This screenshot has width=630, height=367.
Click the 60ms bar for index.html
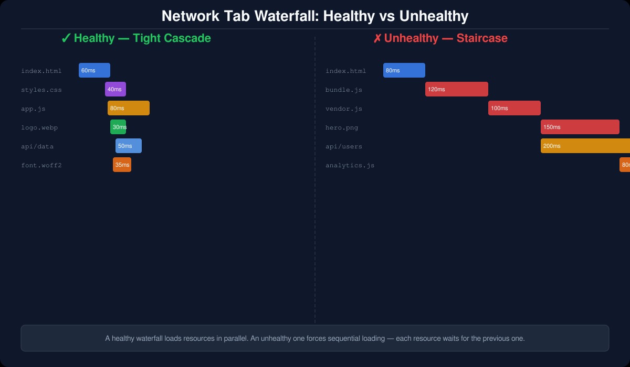pyautogui.click(x=94, y=70)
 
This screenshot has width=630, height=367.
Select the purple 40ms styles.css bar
pyautogui.click(x=115, y=89)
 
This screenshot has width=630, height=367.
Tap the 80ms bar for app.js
pyautogui.click(x=129, y=108)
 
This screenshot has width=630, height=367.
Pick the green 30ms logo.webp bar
pyautogui.click(x=118, y=127)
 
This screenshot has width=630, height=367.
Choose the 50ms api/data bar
pyautogui.click(x=129, y=146)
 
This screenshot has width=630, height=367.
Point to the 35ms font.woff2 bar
pyautogui.click(x=122, y=165)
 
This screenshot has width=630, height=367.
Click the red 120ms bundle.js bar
pyautogui.click(x=457, y=89)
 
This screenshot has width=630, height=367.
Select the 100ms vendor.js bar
pyautogui.click(x=514, y=108)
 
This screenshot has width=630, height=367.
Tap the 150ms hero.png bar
pyautogui.click(x=580, y=127)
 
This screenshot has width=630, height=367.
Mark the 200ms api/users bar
pyautogui.click(x=585, y=146)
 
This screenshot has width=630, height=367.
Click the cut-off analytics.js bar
pyautogui.click(x=625, y=165)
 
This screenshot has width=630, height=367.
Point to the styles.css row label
pyautogui.click(x=41, y=90)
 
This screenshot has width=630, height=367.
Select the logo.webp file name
pyautogui.click(x=39, y=127)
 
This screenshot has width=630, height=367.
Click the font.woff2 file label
pyautogui.click(x=41, y=165)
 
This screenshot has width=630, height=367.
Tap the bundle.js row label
pyautogui.click(x=344, y=90)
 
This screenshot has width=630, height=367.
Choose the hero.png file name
pyautogui.click(x=342, y=127)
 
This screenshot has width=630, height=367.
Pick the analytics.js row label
pyautogui.click(x=350, y=165)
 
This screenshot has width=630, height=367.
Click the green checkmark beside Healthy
pyautogui.click(x=66, y=38)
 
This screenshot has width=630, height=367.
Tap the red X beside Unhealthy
pyautogui.click(x=377, y=38)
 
